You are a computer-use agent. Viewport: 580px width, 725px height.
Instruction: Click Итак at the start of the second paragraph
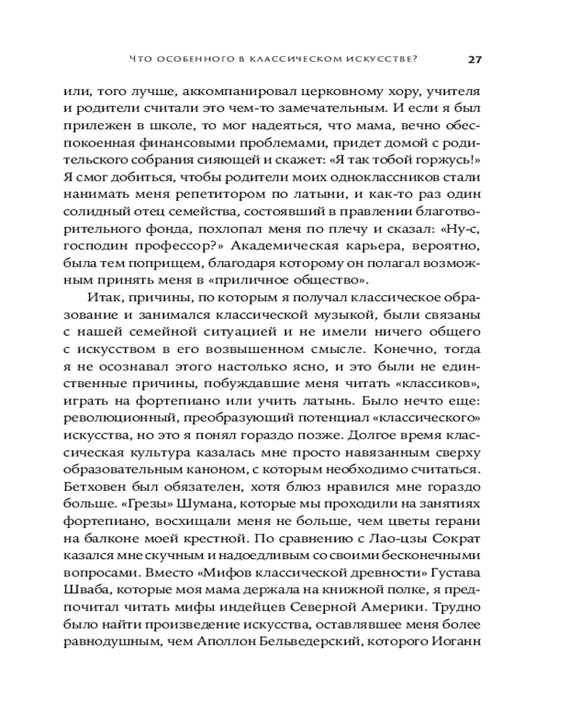coord(101,298)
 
